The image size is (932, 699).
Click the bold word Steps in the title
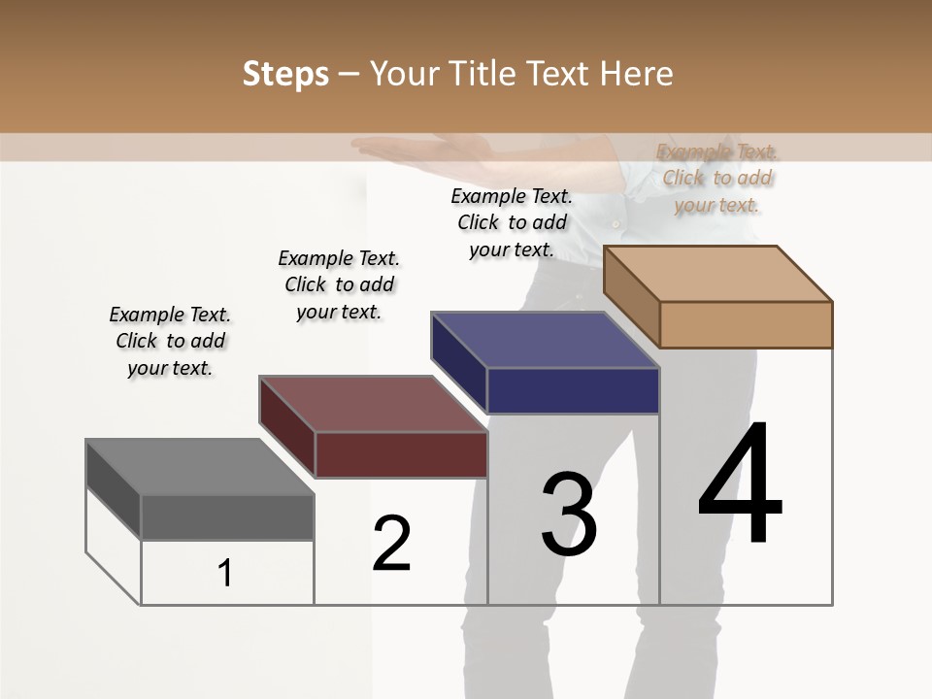click(x=285, y=74)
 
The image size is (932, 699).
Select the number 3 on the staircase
click(x=569, y=515)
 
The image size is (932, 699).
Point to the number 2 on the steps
click(x=391, y=544)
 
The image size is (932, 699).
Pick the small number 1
click(x=225, y=574)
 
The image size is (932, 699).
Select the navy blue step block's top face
click(x=544, y=340)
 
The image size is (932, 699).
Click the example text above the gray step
click(x=170, y=341)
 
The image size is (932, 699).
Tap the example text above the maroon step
click(x=339, y=284)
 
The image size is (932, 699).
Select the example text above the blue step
click(x=512, y=222)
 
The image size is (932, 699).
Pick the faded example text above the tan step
click(x=717, y=178)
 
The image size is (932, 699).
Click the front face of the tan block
click(x=746, y=324)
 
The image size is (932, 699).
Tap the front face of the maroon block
click(x=401, y=454)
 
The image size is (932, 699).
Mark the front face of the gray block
click(x=227, y=516)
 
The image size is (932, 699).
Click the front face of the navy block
click(x=573, y=390)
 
